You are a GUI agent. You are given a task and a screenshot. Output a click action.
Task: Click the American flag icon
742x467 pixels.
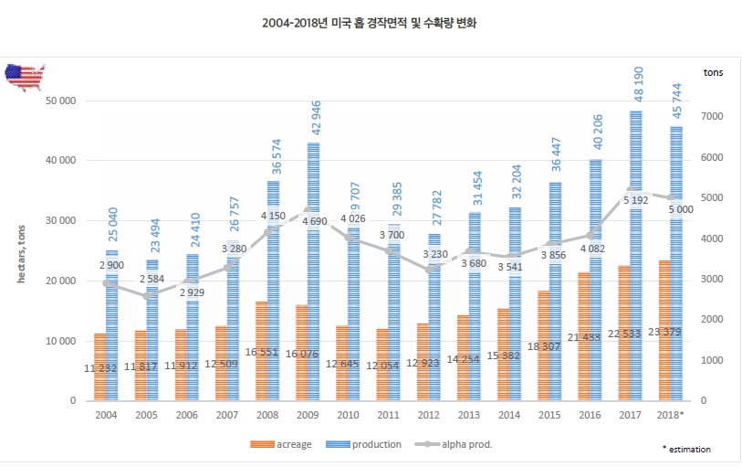coord(26,77)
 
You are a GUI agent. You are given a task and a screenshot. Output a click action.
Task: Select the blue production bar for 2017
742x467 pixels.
coord(635,256)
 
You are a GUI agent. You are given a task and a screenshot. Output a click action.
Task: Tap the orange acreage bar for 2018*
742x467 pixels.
coord(664,330)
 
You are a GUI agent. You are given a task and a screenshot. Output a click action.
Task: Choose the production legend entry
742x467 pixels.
coord(368,444)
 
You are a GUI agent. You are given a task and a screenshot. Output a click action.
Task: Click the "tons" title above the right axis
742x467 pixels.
coord(715,72)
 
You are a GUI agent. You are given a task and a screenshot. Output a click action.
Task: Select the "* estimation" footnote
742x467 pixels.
coord(686,449)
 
